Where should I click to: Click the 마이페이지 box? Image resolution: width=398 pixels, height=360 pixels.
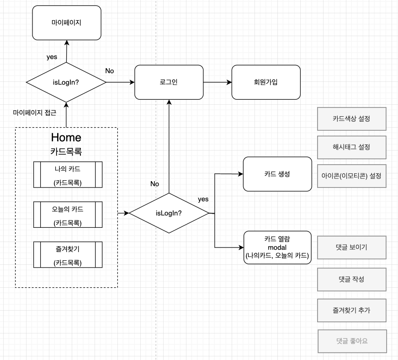tap(67, 22)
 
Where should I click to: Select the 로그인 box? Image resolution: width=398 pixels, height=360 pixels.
tap(169, 82)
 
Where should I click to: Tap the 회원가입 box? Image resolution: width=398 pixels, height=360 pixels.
tap(266, 82)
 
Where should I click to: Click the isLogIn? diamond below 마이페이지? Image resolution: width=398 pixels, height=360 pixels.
tap(66, 82)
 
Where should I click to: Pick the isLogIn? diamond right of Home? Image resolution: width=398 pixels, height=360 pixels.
tap(169, 213)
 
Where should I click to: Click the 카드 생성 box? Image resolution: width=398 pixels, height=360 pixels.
tap(277, 174)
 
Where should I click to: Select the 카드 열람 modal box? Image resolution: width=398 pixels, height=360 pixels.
tap(277, 247)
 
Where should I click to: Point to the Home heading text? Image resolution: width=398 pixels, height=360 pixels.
tap(66, 137)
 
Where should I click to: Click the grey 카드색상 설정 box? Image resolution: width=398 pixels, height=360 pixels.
tap(351, 118)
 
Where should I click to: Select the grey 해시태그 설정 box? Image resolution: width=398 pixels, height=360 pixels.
tap(351, 147)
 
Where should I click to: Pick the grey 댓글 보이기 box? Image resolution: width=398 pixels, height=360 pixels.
tap(351, 247)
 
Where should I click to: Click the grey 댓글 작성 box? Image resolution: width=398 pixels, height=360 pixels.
tap(351, 279)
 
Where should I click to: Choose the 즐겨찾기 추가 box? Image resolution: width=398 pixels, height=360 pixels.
tap(351, 310)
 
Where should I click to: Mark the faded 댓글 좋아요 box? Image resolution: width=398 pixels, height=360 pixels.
tap(351, 341)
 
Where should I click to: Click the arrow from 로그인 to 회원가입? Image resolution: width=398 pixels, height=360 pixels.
tap(217, 82)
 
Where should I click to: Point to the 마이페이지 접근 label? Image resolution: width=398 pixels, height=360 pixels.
tap(35, 113)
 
